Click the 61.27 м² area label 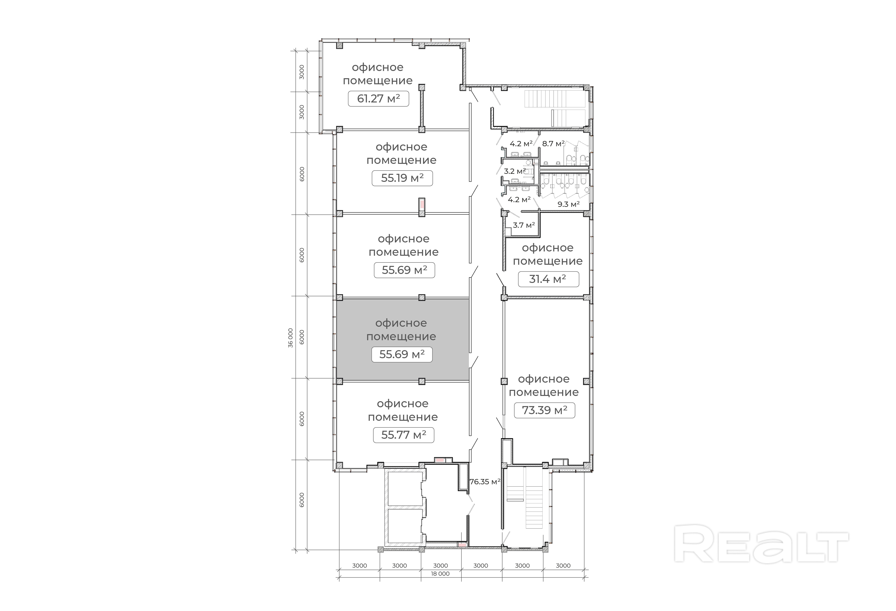coord(378,99)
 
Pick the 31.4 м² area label coord(548,279)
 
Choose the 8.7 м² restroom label coord(553,144)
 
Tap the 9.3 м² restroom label coord(569,204)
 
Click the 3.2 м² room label coord(515,171)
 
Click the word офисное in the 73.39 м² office coord(544,379)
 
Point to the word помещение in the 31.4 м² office coord(547,261)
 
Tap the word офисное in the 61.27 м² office coord(378,67)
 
